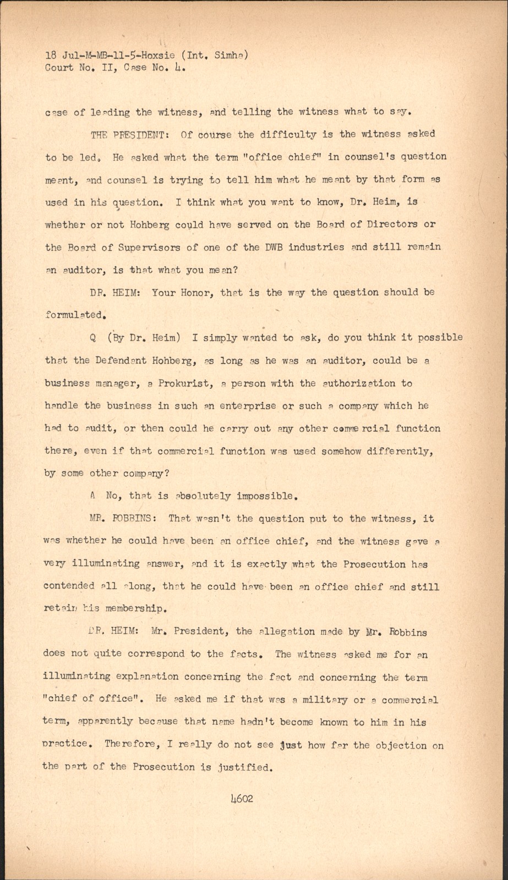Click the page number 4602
pyautogui.click(x=242, y=798)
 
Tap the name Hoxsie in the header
pyautogui.click(x=158, y=55)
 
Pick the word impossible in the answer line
pyautogui.click(x=267, y=496)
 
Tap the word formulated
pyautogui.click(x=75, y=315)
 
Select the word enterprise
pyautogui.click(x=248, y=406)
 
